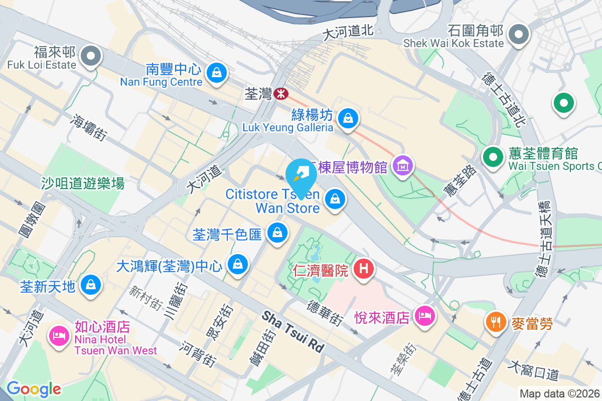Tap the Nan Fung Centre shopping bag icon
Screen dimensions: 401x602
(x=216, y=73)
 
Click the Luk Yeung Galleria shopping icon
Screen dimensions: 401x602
(x=347, y=118)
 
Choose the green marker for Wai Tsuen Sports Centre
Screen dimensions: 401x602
(x=493, y=157)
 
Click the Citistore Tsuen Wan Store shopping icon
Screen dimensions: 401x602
(x=335, y=199)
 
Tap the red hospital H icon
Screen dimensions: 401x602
(x=364, y=269)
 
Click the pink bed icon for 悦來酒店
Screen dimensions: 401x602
(x=425, y=316)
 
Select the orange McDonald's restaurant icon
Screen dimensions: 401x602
(x=496, y=322)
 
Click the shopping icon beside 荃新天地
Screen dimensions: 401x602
(x=91, y=285)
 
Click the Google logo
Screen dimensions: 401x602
(x=34, y=388)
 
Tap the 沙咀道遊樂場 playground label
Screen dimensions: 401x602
(x=83, y=183)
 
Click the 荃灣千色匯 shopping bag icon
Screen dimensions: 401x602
(x=276, y=232)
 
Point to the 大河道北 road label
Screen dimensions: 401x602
(x=348, y=32)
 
